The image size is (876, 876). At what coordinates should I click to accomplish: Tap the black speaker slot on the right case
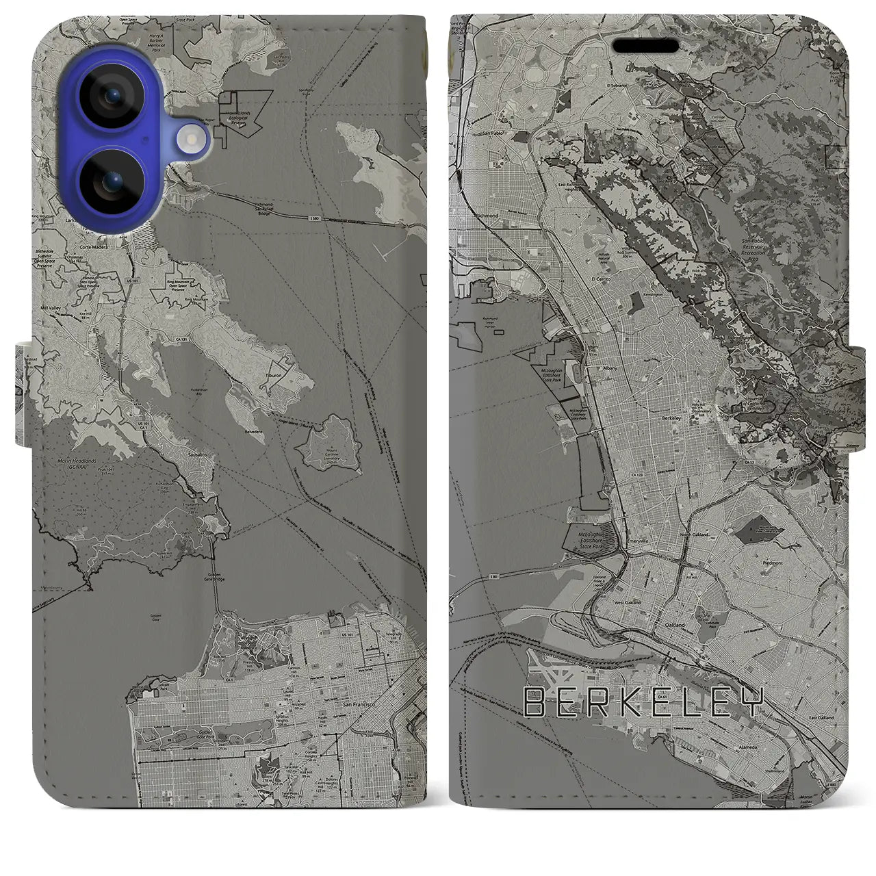(x=645, y=46)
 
